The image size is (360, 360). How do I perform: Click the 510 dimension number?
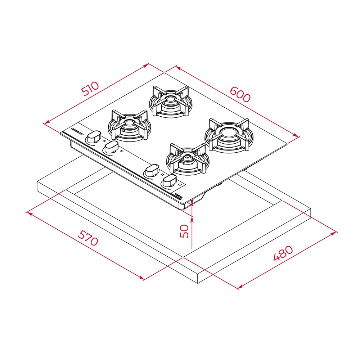point(90,89)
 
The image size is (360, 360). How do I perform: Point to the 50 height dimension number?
point(184,231)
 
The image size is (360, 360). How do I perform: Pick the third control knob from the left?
point(152,170)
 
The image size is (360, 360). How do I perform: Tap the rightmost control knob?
point(168,180)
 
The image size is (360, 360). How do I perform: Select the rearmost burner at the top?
point(170,101)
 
